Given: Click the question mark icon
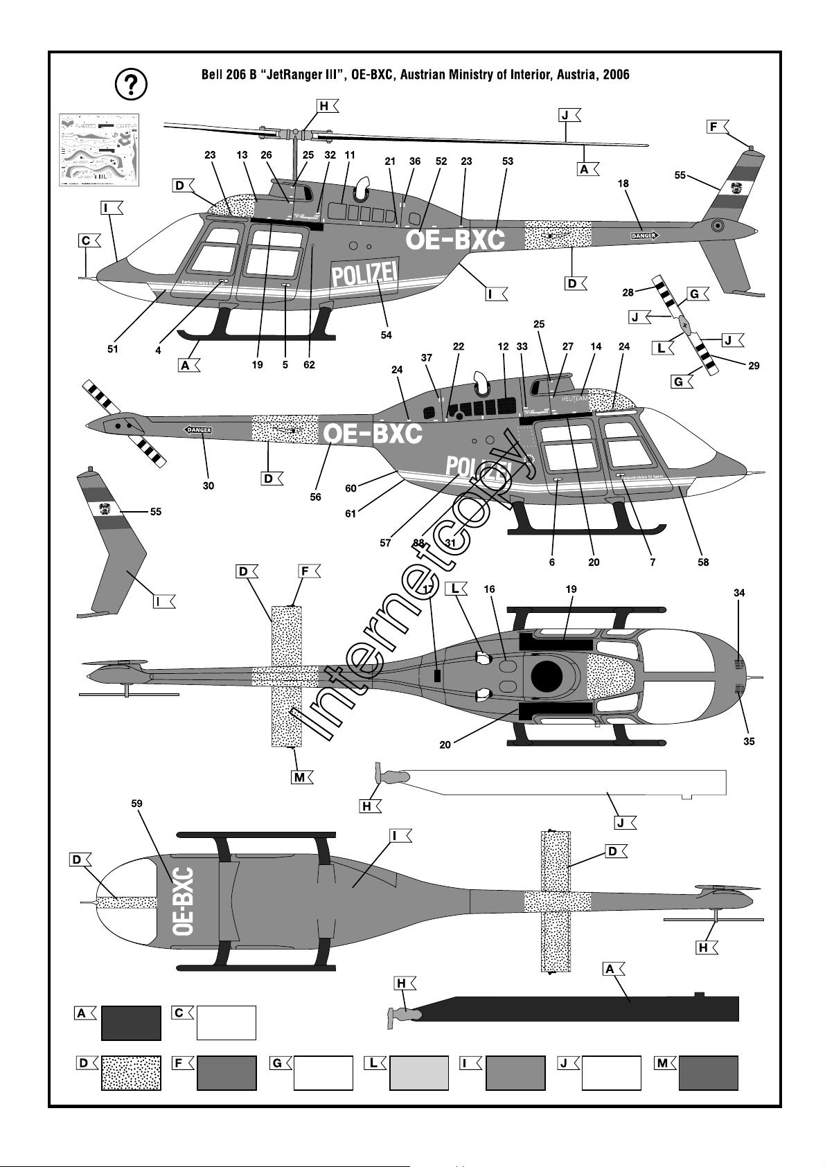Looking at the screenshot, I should click(130, 84).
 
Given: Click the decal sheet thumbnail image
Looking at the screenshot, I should click(99, 149).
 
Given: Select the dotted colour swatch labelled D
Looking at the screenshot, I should click(131, 1073).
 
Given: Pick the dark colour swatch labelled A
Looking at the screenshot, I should click(131, 1023).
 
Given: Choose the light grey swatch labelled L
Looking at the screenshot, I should click(419, 1073).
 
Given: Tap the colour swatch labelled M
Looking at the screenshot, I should click(708, 1073).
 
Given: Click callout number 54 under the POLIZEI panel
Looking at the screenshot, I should click(387, 335).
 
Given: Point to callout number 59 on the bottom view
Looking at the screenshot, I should click(137, 803).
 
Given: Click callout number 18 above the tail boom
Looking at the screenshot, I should click(623, 184).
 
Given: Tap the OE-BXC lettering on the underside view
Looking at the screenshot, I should click(183, 901).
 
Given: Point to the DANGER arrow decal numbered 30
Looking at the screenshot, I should click(198, 430).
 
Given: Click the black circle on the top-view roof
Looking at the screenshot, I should click(546, 677).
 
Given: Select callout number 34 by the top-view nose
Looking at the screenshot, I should click(739, 593).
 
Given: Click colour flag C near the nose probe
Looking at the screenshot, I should click(86, 241).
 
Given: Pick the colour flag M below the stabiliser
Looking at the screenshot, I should click(300, 777).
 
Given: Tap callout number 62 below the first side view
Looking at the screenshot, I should click(309, 365).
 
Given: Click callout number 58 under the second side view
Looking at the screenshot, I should click(703, 562).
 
